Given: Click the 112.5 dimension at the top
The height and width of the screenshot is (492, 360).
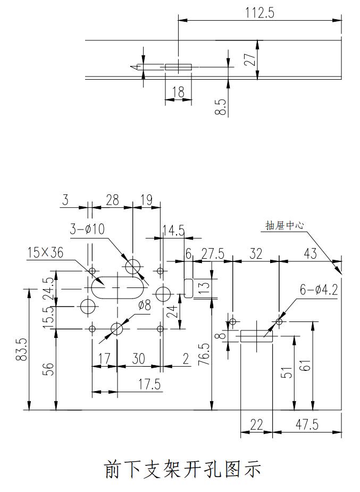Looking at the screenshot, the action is click(259, 13).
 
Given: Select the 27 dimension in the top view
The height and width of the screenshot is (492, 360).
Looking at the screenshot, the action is click(250, 60).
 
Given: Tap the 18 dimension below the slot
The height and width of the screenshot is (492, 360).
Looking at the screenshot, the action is click(178, 92).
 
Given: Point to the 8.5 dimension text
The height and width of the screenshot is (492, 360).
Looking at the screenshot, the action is click(222, 107).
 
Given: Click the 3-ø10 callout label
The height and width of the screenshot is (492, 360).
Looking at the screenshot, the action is click(87, 229).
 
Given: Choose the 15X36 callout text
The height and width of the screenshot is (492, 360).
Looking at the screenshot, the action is click(45, 252).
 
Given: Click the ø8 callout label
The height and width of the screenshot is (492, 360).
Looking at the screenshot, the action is click(145, 304).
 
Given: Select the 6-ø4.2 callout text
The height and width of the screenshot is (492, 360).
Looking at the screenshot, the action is click(318, 290).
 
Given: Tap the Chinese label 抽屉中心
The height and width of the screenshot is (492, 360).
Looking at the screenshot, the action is click(284, 225).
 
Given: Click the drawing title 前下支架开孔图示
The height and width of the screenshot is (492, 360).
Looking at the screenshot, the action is click(182, 469).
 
